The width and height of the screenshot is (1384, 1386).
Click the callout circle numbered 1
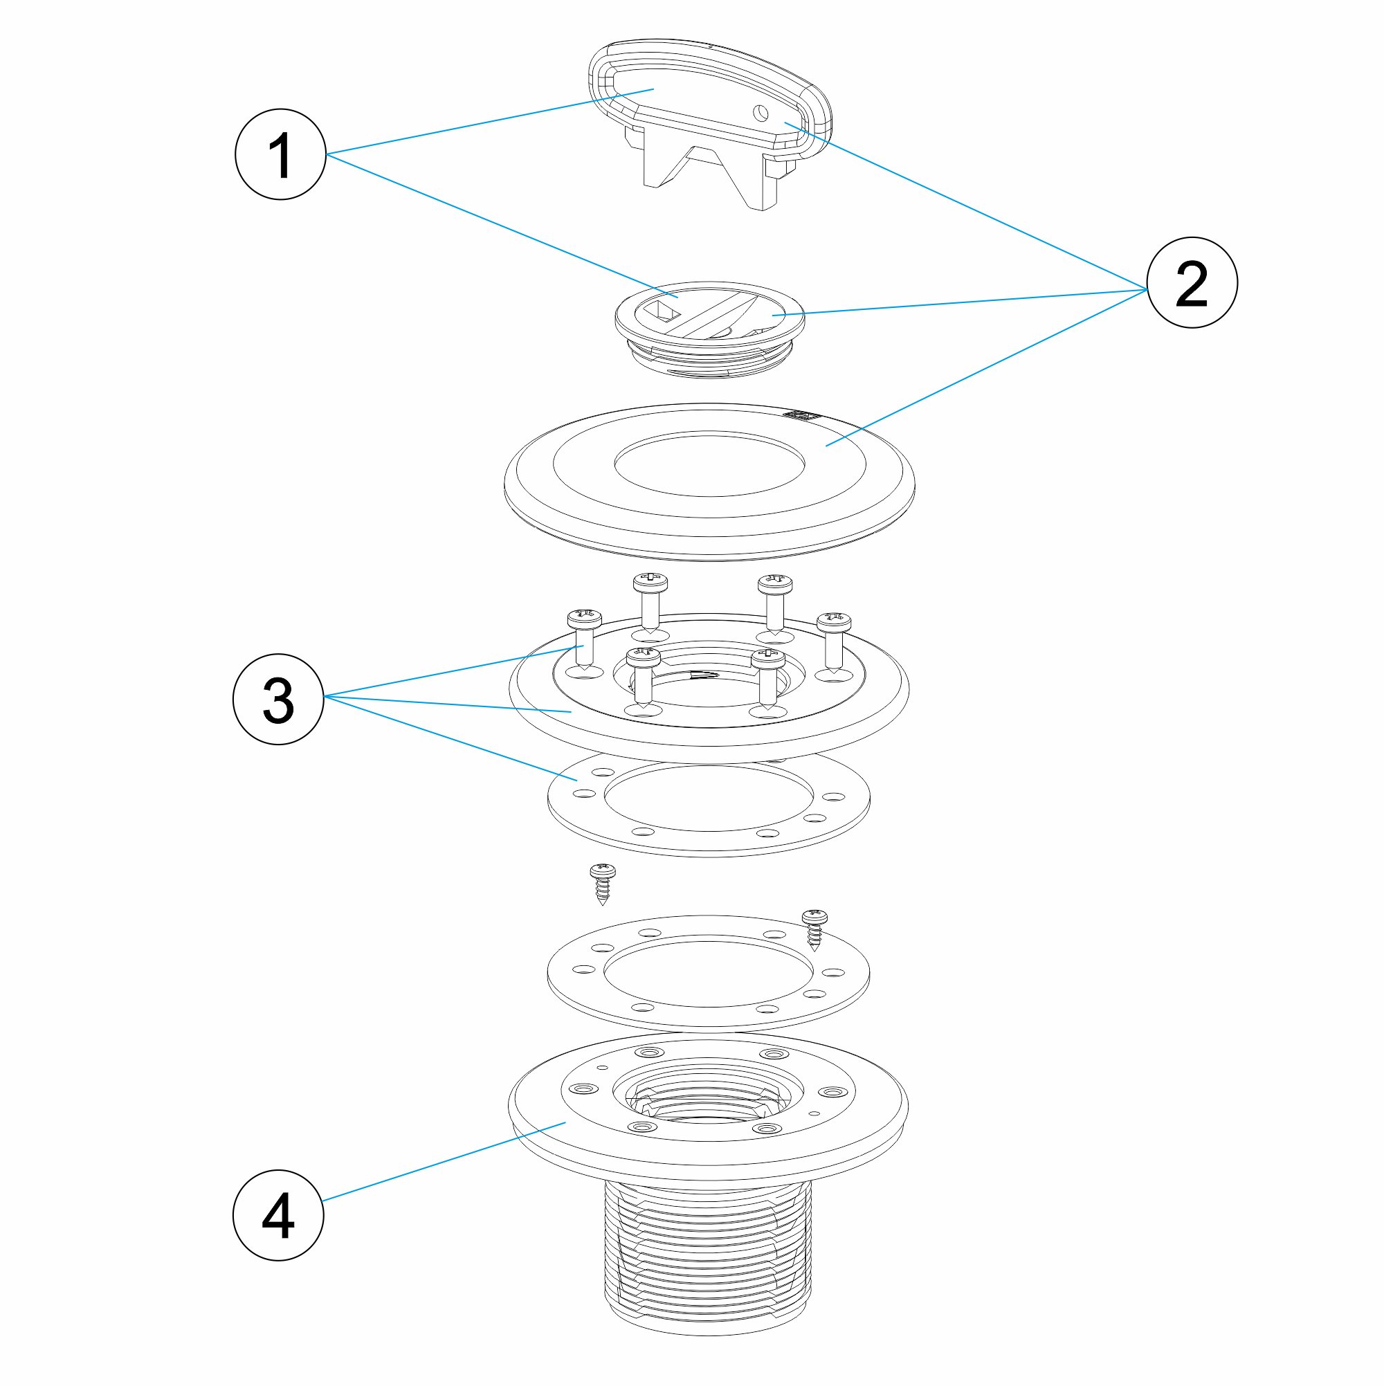[280, 154]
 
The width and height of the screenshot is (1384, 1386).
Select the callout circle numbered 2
[1192, 282]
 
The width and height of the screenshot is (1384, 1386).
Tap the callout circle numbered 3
[278, 699]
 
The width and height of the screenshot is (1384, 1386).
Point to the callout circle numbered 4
[278, 1215]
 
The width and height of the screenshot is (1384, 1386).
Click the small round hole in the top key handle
[761, 113]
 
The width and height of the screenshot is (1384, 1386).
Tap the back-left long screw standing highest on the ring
[650, 598]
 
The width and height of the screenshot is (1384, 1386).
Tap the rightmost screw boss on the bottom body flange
[832, 1092]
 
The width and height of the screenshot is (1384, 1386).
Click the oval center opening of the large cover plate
[709, 465]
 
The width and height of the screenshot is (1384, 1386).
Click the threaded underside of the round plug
[709, 359]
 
